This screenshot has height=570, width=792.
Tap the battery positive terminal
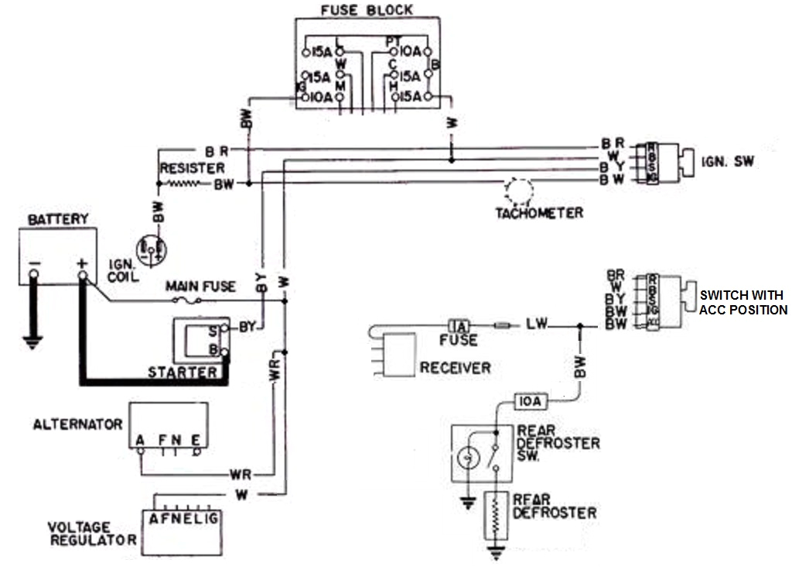click(x=82, y=273)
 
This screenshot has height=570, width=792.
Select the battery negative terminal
click(x=34, y=273)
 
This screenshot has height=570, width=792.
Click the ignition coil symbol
click(x=150, y=249)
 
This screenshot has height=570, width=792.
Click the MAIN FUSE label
click(x=202, y=287)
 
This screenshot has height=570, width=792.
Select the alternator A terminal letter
click(x=140, y=440)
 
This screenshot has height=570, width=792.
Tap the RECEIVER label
click(x=455, y=367)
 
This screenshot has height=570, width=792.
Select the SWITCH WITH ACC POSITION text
click(x=742, y=303)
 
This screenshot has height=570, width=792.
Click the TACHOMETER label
click(x=539, y=212)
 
